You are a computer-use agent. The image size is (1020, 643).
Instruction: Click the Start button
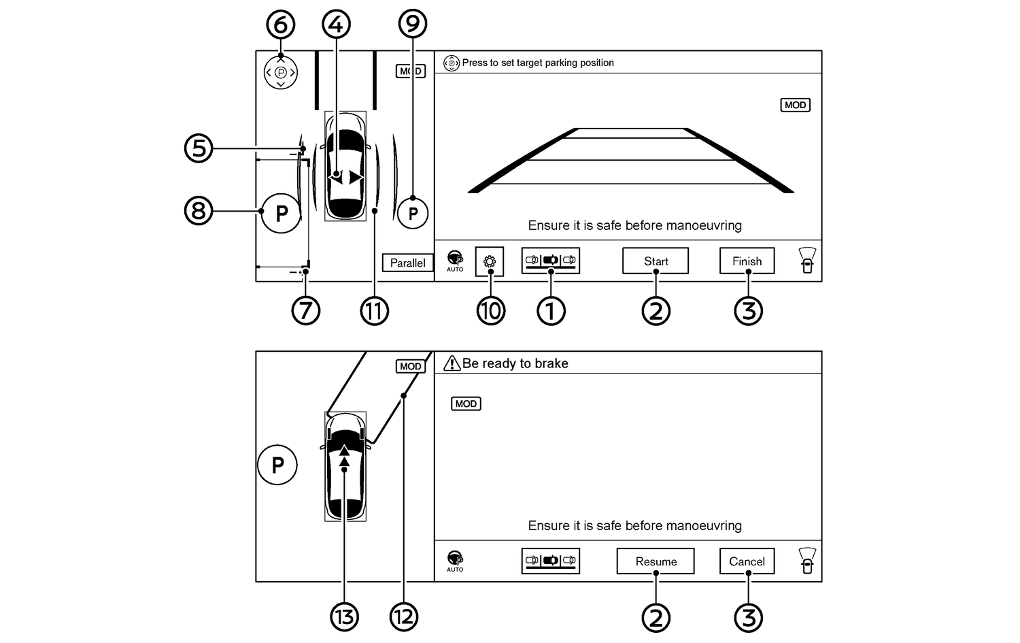(x=656, y=261)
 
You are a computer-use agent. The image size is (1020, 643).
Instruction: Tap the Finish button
(x=747, y=261)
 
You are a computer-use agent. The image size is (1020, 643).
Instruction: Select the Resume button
(x=656, y=561)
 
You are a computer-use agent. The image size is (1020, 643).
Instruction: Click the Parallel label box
(x=407, y=263)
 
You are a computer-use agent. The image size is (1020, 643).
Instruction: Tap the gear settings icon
(x=490, y=261)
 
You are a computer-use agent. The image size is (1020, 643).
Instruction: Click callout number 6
(x=280, y=24)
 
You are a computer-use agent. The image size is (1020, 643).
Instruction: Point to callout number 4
(x=336, y=24)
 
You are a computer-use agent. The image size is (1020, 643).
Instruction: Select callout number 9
(x=412, y=24)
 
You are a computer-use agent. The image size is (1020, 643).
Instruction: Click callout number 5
(x=199, y=148)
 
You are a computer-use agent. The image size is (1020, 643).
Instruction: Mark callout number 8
(x=199, y=210)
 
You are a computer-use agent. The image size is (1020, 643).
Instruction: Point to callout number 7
(x=305, y=311)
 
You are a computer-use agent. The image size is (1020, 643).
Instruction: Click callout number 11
(x=374, y=311)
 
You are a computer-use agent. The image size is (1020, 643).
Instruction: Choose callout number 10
(x=490, y=311)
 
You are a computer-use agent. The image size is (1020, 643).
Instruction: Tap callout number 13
(x=344, y=617)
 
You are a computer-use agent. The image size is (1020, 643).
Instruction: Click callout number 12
(x=403, y=617)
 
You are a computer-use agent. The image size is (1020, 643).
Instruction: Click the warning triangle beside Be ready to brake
(x=452, y=363)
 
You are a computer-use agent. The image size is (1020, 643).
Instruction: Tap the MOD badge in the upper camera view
(x=795, y=105)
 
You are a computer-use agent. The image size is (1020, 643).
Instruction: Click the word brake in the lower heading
(x=551, y=363)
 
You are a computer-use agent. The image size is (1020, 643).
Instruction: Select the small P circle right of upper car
(x=413, y=214)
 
